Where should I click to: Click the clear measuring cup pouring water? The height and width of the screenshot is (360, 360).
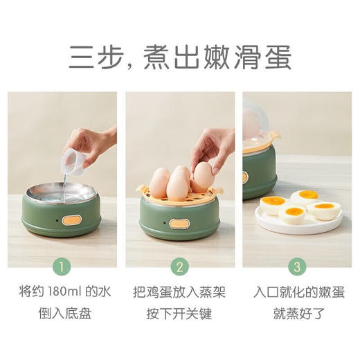pos(76,161)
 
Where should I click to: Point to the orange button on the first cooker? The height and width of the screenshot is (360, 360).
pos(71,219)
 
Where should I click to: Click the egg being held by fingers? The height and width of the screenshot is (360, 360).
pos(204,176)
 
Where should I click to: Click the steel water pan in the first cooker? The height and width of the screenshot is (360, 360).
pos(61,195)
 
